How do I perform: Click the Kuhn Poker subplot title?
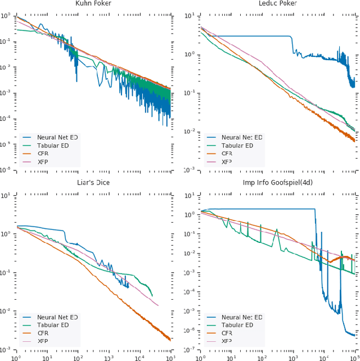coord(93,3)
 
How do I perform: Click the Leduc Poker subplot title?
coord(277,3)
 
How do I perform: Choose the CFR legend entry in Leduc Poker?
coord(226,153)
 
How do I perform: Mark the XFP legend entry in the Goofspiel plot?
coord(226,341)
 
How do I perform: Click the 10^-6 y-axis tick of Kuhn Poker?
coord(7,169)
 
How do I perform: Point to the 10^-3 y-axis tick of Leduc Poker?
coord(190,169)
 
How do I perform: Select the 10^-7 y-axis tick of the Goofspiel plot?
coord(190,349)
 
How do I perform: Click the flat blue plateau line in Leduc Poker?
coord(253,36)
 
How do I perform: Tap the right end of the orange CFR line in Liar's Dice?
coord(170,340)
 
